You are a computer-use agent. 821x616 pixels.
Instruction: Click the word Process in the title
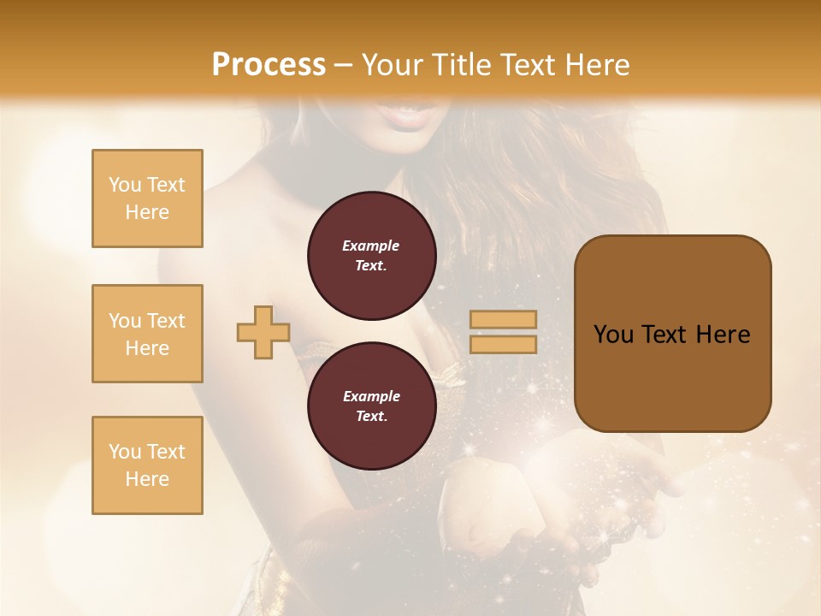click(269, 65)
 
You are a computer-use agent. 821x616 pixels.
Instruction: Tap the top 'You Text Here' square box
click(147, 198)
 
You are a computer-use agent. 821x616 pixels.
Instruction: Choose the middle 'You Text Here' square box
click(147, 334)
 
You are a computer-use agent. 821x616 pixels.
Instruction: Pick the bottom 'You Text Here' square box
click(147, 465)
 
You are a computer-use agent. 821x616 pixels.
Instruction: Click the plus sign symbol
click(263, 332)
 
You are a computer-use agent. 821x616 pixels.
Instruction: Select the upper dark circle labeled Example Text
click(371, 256)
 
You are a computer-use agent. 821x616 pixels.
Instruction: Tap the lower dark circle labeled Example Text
click(371, 406)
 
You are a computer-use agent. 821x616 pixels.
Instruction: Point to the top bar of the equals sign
click(503, 320)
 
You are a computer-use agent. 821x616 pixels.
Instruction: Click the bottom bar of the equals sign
click(503, 344)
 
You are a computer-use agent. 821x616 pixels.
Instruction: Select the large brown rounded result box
click(672, 334)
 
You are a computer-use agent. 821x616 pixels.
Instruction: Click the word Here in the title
click(597, 65)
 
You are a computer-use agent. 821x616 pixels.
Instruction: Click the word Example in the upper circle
click(371, 246)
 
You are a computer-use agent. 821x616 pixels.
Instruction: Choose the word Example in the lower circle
click(371, 396)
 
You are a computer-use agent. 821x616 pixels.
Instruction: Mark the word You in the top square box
click(125, 185)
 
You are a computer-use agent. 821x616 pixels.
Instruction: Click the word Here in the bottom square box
click(147, 479)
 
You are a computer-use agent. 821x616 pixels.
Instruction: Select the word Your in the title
click(392, 65)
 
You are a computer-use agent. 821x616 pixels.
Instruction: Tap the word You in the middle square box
click(125, 321)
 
